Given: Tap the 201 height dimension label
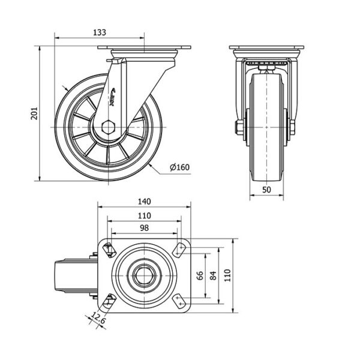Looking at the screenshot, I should click(34, 112).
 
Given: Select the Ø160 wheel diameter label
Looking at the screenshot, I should click(179, 167).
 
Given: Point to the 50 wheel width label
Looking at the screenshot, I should click(266, 190).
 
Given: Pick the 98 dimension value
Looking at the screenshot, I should click(144, 228).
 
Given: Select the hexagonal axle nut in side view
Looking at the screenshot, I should click(108, 127).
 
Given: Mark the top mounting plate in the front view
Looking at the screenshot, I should click(266, 48).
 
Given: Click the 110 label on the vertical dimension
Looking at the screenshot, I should click(228, 276).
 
